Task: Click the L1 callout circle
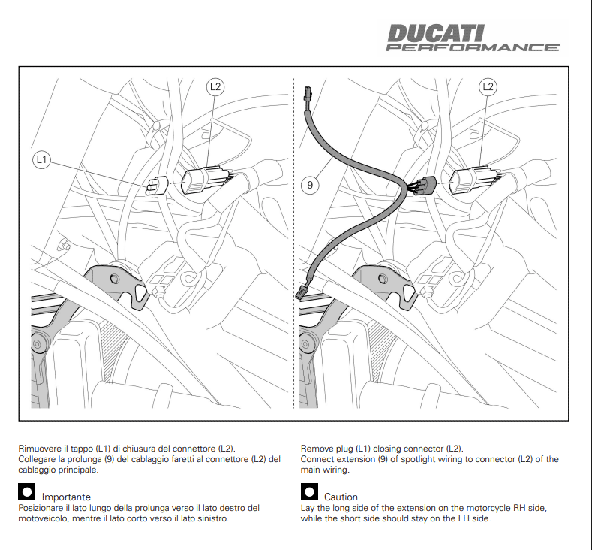click(x=41, y=159)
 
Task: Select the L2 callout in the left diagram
click(x=215, y=86)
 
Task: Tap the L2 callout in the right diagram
click(x=488, y=86)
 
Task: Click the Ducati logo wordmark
click(x=436, y=34)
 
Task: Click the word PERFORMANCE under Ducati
click(x=473, y=48)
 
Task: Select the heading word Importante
click(x=66, y=497)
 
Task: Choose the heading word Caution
click(x=341, y=497)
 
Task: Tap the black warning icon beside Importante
click(x=26, y=492)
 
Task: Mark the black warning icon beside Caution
click(x=309, y=492)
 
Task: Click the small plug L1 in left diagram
click(x=157, y=185)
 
